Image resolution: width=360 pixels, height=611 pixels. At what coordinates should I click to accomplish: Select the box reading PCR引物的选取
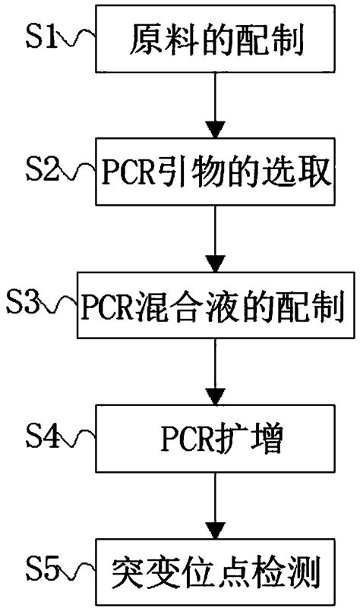[217, 173]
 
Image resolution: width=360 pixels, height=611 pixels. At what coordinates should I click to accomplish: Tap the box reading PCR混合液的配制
[217, 307]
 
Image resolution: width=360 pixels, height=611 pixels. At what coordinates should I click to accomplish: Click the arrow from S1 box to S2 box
[217, 106]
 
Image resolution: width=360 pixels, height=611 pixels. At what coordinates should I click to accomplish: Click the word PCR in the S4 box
[185, 439]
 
